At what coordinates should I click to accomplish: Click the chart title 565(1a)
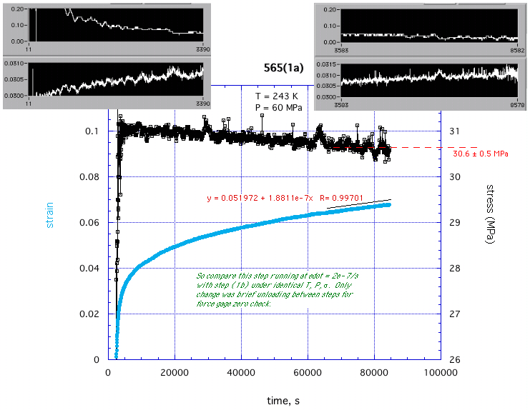click(x=283, y=69)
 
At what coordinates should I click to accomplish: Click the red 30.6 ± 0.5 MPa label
click(x=480, y=153)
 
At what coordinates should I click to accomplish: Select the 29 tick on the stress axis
click(x=454, y=223)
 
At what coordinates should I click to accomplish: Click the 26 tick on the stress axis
click(x=454, y=360)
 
